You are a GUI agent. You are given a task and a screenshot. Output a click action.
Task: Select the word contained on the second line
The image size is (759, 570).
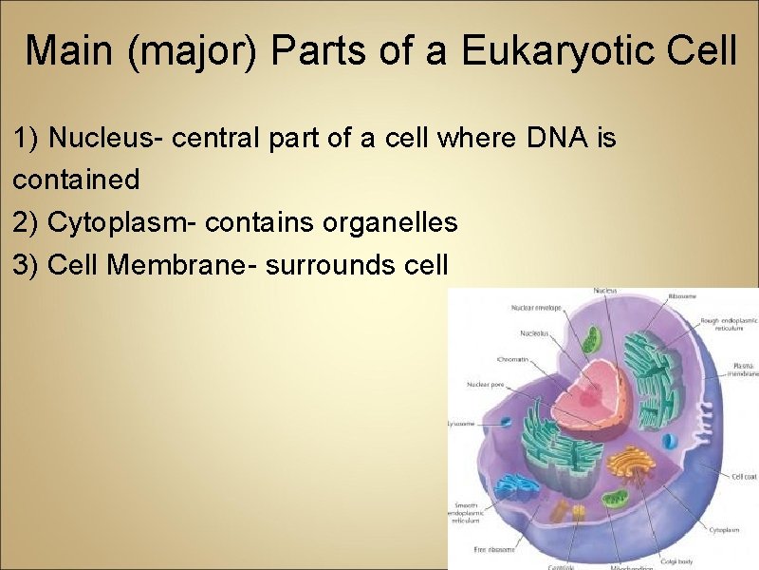pos(76,180)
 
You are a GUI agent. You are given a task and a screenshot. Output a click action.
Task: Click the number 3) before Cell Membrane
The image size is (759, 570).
pos(27,265)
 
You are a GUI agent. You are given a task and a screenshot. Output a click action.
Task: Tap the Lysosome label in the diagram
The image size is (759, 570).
pos(461,424)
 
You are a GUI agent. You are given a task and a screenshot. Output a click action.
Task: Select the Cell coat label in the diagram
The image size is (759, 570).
pos(743,477)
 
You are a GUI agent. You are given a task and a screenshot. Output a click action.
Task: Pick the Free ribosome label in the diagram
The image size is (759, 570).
pos(493,550)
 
